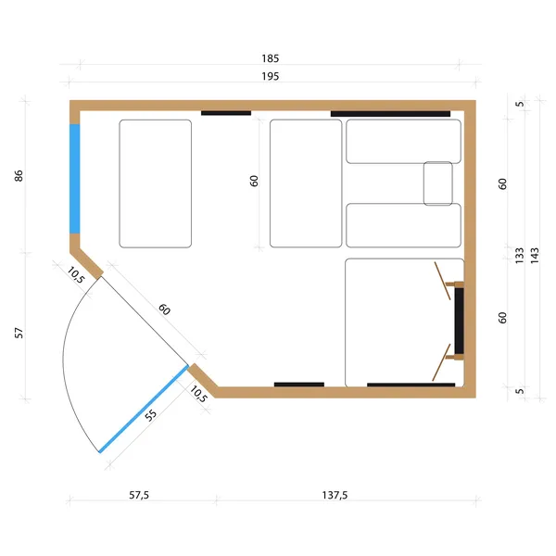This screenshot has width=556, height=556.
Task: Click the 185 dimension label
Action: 271,58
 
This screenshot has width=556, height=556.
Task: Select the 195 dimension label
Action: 271,76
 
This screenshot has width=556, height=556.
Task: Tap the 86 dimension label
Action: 19,176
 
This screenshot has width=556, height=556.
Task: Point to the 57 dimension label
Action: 19,333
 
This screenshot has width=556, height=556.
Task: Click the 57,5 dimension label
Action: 139,495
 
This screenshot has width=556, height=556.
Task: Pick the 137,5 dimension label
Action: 335,495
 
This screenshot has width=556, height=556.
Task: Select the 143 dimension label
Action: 535,256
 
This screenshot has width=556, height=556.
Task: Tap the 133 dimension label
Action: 519,256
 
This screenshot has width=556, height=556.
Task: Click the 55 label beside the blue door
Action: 151,415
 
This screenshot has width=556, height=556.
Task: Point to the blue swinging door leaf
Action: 144,409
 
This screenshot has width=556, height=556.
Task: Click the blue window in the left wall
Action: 74,179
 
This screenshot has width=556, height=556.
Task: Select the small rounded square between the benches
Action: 438,183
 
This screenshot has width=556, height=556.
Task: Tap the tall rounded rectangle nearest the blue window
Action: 156,183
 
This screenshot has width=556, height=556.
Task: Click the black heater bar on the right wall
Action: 460,321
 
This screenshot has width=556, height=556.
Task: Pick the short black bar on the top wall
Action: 226,113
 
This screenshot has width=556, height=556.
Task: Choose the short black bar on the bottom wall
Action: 299,385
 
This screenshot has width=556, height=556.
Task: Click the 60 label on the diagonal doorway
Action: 164,310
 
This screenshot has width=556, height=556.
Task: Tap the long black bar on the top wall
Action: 390,114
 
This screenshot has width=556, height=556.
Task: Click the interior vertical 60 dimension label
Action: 254,181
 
